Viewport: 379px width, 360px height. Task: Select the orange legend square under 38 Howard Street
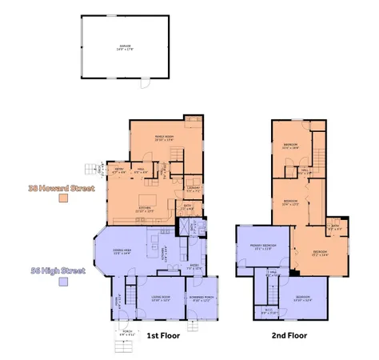tap(61, 202)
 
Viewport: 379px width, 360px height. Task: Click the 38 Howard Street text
tap(61, 188)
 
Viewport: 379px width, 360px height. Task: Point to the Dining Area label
tap(122, 252)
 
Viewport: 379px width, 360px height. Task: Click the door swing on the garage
tap(145, 83)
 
